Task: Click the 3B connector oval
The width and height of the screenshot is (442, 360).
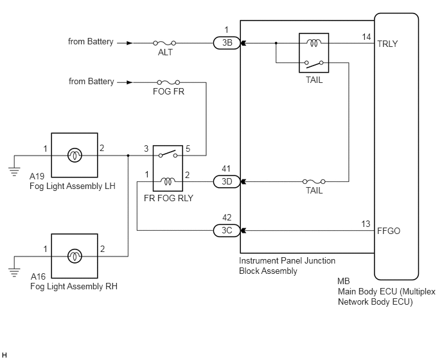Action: point(227,43)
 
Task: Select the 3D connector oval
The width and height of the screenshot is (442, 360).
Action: point(227,181)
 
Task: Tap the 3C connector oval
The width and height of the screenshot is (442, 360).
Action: point(227,231)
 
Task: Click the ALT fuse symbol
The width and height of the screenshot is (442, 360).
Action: point(164,43)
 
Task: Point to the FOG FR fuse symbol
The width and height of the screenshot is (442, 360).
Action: point(168,82)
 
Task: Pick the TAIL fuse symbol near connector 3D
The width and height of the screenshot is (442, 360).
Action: point(314,181)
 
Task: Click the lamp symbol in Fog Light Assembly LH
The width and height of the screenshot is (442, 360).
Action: point(75,155)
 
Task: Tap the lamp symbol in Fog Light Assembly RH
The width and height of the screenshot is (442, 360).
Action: point(75,256)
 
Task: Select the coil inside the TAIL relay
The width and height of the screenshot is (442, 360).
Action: point(314,43)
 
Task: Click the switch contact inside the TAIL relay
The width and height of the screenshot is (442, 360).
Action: point(314,64)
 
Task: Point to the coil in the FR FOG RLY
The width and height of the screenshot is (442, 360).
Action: point(168,181)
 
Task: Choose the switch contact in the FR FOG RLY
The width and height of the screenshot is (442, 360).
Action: point(168,154)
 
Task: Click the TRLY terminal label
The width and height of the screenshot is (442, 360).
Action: point(387,44)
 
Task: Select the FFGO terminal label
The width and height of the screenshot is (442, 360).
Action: point(389,231)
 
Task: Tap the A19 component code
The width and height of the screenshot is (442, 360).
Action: point(37,176)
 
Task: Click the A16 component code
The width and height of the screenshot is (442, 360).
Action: point(38,276)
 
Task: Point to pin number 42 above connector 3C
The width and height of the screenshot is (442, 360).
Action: point(227,217)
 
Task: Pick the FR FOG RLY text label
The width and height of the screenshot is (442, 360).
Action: point(168,198)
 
